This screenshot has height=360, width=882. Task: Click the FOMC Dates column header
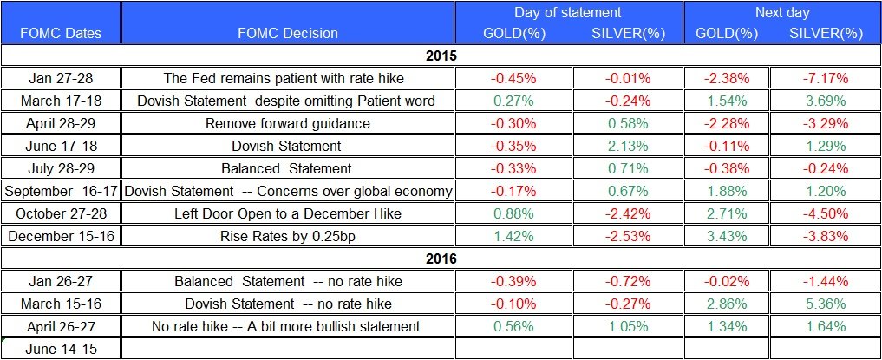pos(60,33)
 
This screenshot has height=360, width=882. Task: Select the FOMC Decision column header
pos(287,33)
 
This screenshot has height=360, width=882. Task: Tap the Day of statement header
pos(568,12)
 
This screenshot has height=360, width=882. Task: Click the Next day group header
pos(782,12)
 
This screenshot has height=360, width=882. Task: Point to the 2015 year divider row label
pos(441,56)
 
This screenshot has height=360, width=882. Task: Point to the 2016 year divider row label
pos(441,258)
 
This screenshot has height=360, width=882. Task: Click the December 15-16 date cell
pos(60,235)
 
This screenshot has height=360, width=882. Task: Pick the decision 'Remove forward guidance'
pos(287,123)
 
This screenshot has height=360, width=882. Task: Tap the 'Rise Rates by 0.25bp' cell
pos(287,235)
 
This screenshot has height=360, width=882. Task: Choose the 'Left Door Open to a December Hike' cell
pos(287,213)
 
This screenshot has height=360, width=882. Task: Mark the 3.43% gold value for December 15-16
pos(728,235)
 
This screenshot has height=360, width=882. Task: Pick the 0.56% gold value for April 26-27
pos(513,326)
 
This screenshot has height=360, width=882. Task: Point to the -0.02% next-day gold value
pos(728,281)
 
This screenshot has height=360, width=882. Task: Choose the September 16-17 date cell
pos(60,191)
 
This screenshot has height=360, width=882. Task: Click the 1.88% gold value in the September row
pos(728,191)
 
